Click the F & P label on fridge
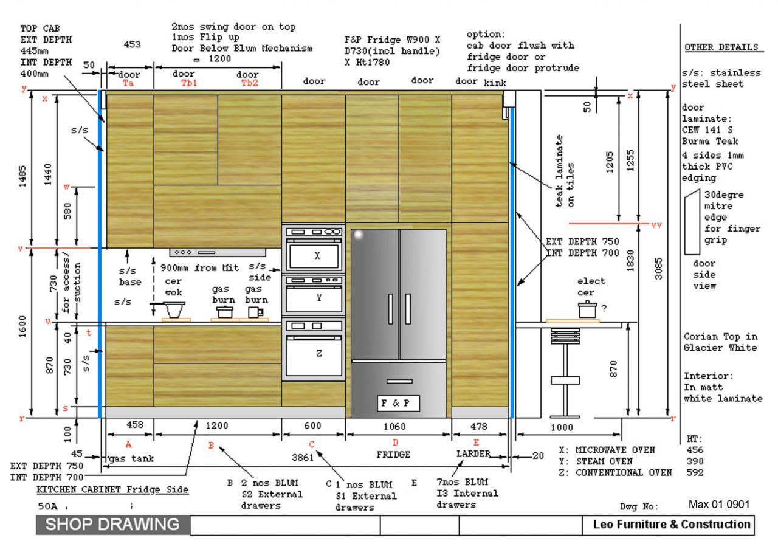point(398,402)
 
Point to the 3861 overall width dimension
point(303,457)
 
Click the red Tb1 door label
point(189,83)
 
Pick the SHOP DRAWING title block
point(113,525)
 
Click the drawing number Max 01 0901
point(720,505)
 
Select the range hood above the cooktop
point(217,252)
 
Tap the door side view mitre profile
point(692,222)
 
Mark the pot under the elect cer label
point(587,310)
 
